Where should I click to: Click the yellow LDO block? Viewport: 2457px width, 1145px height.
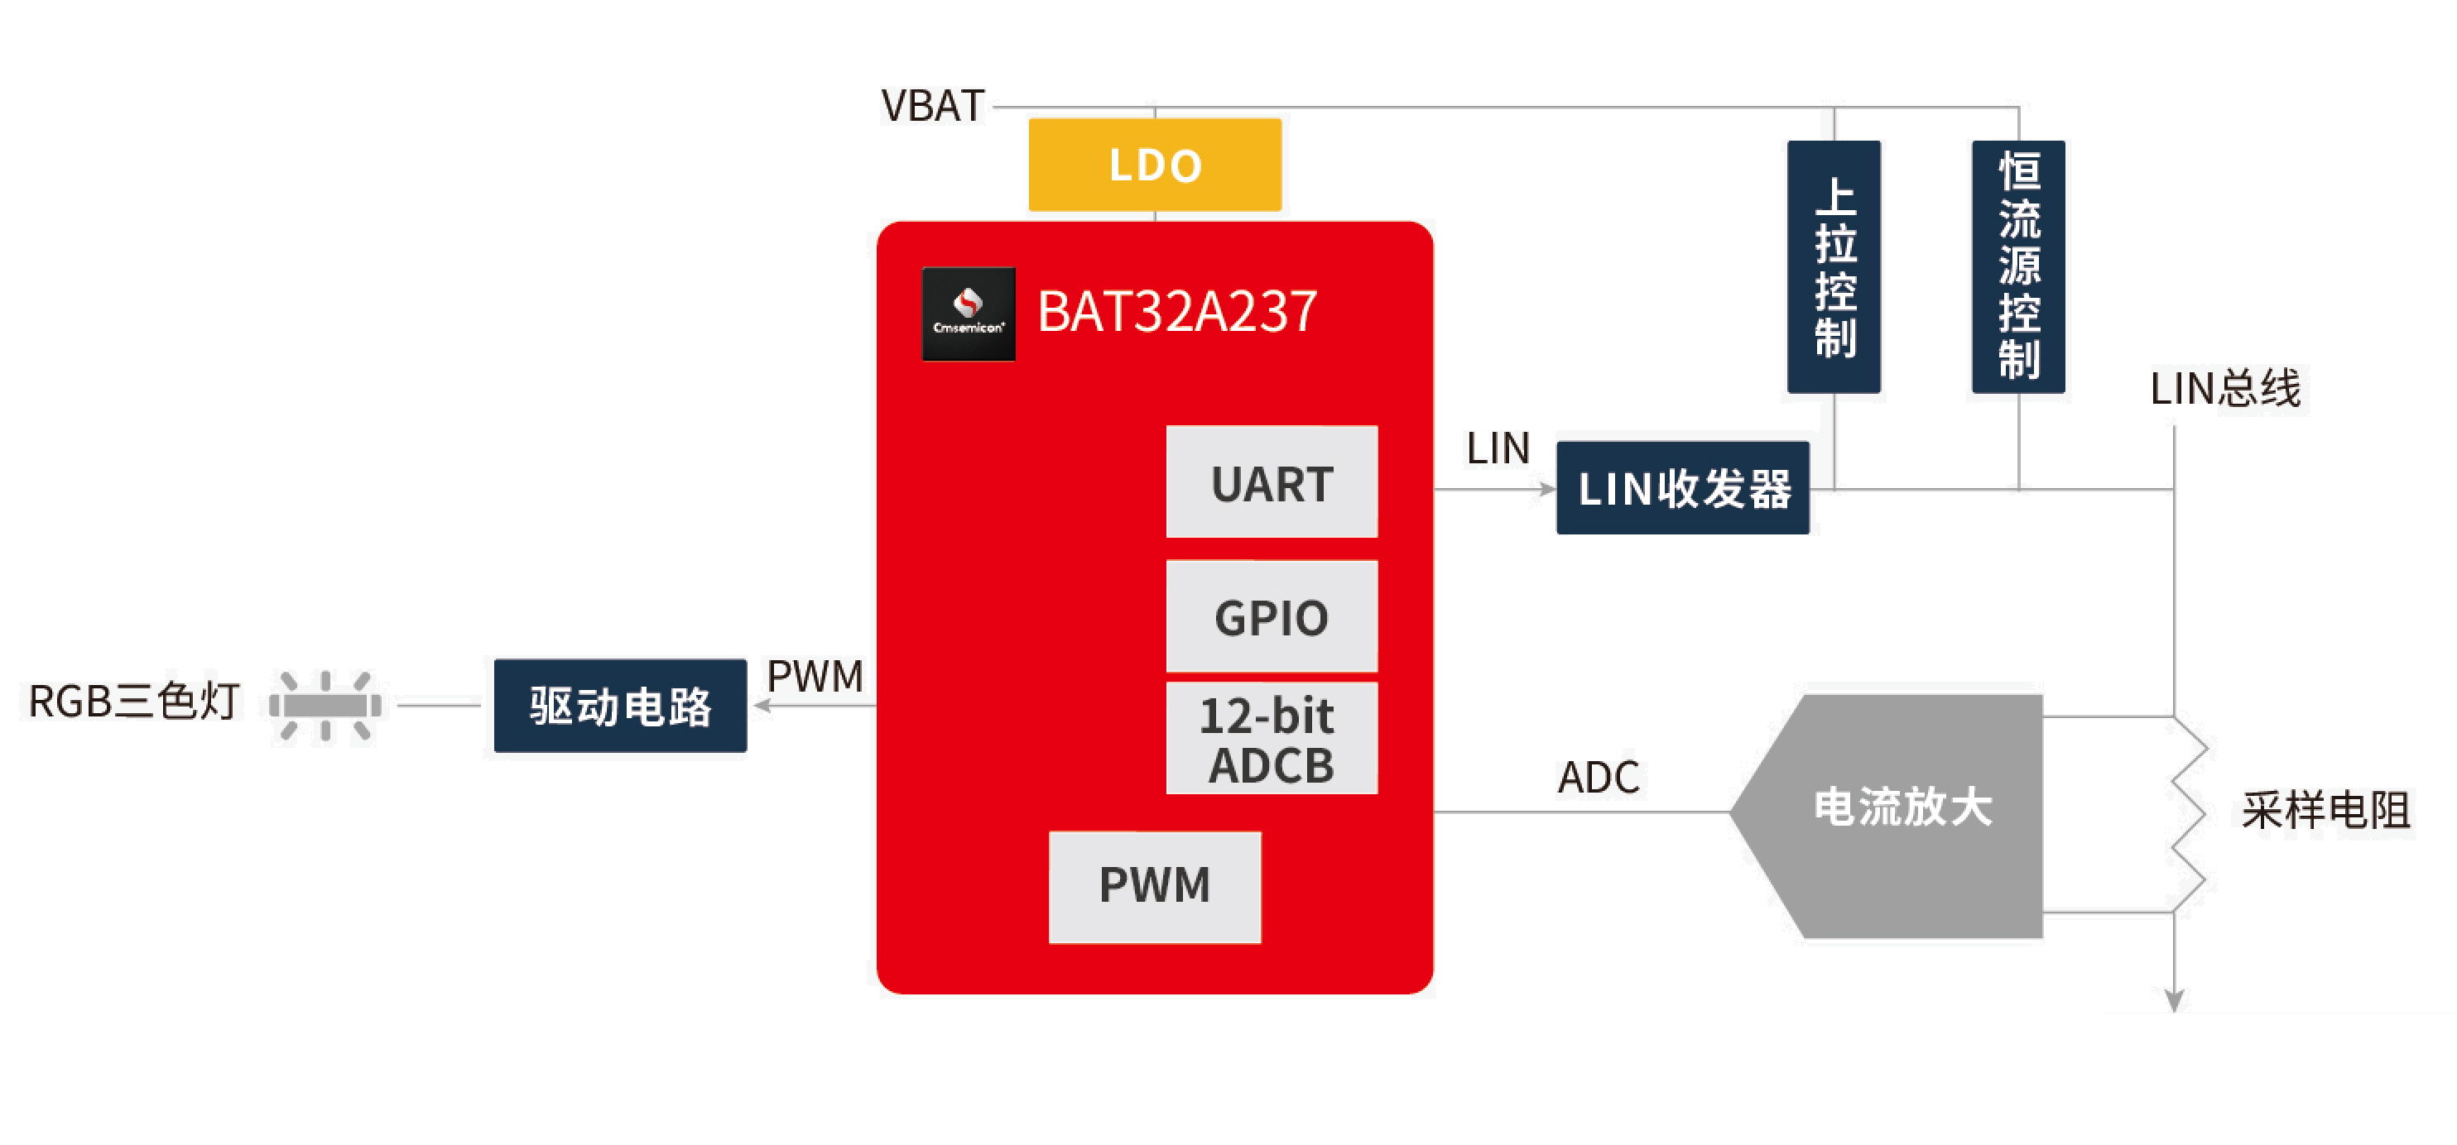1154,164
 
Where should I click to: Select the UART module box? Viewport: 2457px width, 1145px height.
1271,482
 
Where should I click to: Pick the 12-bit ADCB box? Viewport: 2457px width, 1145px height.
1271,739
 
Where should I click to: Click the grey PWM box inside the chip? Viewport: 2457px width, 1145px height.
1154,886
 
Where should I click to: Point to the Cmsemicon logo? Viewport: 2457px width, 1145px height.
968,314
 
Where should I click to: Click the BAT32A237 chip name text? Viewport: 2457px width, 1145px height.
1177,312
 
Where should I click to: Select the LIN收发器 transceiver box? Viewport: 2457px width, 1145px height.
1681,488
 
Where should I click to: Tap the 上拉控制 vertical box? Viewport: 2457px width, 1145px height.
1833,267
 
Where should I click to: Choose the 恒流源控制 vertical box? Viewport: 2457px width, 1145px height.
2017,267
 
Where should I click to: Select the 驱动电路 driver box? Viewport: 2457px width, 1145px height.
620,706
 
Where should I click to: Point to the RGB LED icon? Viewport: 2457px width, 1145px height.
325,706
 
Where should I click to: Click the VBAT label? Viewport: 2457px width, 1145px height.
932,106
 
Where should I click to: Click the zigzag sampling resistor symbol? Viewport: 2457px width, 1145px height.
2186,815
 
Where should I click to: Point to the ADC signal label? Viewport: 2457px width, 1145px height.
1598,778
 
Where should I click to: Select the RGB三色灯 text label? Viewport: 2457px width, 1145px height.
133,702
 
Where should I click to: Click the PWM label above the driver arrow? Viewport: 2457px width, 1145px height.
815,676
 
